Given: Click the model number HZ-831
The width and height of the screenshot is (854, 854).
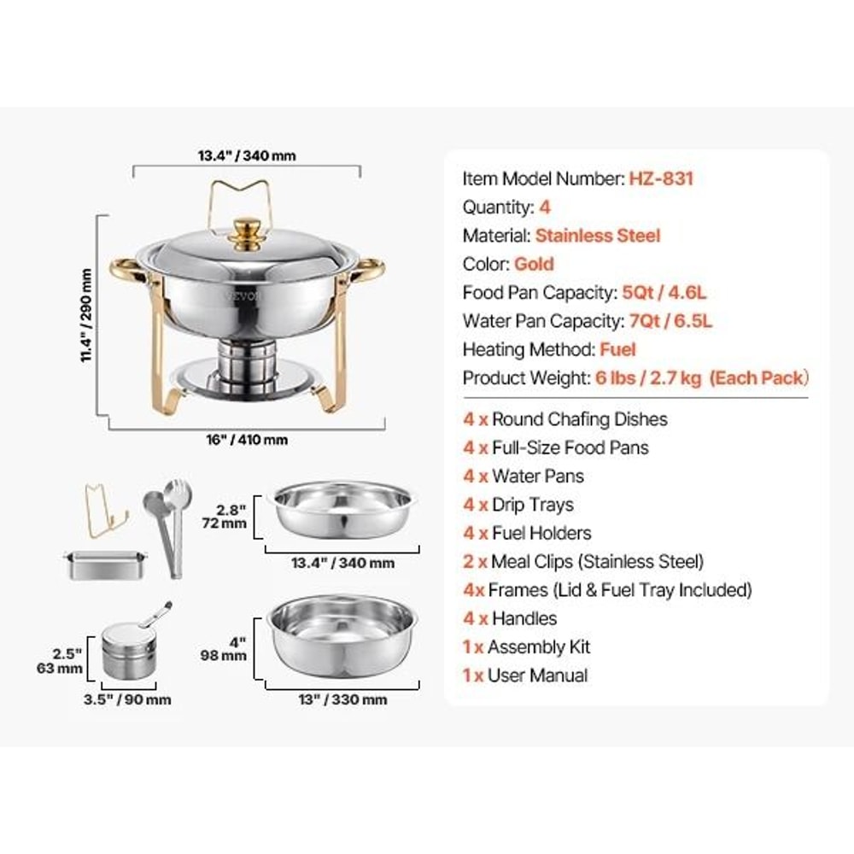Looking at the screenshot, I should [661, 178].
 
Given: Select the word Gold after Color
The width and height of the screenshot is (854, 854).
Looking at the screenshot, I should [534, 264].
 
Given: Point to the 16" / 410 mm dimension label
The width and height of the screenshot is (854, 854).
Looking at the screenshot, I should [247, 441].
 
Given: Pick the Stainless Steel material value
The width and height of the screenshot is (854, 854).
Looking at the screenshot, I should [598, 236].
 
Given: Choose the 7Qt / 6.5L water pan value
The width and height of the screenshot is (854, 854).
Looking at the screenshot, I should [667, 321].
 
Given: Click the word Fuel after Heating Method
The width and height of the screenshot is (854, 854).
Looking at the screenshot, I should [617, 349].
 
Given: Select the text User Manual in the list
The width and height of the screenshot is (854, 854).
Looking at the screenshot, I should [537, 676].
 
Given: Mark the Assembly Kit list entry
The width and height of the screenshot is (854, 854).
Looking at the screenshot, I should [539, 647].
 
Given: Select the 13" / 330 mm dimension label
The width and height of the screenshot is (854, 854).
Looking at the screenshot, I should [343, 700].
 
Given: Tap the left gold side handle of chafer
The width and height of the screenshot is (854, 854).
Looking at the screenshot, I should [124, 272].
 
